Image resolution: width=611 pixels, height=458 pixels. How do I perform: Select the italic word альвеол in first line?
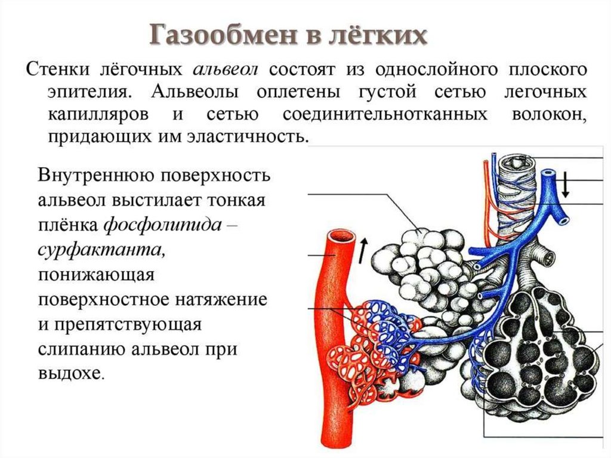point(225,69)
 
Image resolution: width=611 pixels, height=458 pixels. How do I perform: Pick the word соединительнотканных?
point(382,115)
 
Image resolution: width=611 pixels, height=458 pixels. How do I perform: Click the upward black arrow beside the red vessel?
point(363,250)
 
